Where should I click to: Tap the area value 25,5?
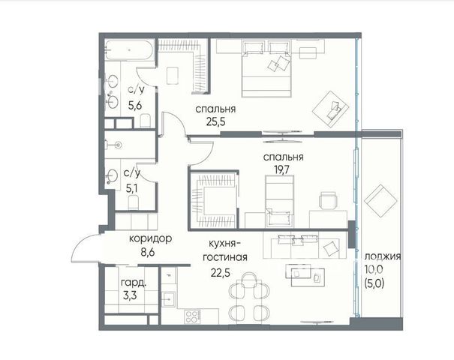(x=215, y=121)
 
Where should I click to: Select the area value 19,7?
(x=283, y=169)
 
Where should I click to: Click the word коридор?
(x=151, y=239)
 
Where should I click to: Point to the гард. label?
(x=134, y=283)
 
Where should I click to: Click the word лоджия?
(x=383, y=256)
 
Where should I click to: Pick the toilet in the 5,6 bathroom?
(x=145, y=121)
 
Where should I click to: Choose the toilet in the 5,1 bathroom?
(x=133, y=202)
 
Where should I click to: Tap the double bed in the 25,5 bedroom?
(x=266, y=69)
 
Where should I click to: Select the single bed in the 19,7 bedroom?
(x=280, y=201)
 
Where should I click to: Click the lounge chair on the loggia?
(x=380, y=201)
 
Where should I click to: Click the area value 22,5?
(x=221, y=272)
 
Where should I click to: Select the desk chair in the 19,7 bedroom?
(x=328, y=200)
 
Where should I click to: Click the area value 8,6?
(x=148, y=252)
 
